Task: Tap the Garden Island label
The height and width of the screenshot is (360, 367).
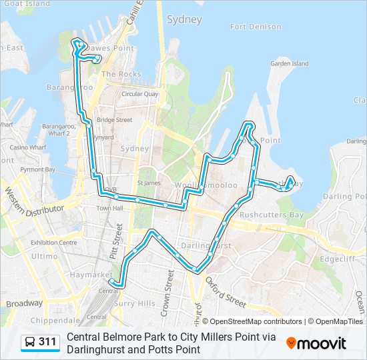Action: [x=289, y=64]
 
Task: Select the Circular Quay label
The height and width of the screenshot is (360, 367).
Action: [x=139, y=94]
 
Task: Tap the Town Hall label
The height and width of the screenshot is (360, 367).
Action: [x=110, y=209]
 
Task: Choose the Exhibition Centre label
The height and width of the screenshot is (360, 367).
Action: [x=53, y=243]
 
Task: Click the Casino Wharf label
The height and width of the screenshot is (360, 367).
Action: [x=27, y=147]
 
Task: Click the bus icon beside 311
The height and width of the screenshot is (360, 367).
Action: [x=30, y=342]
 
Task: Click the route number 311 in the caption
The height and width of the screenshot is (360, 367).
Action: [x=47, y=342]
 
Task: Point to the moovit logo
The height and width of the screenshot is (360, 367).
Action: [x=316, y=343]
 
